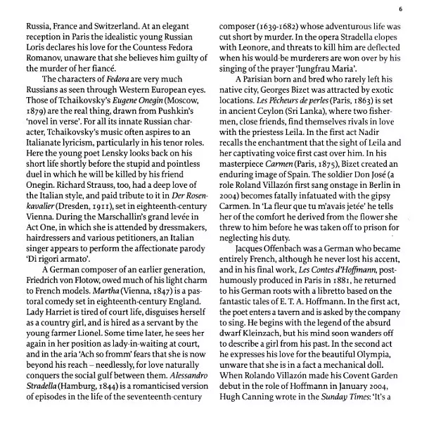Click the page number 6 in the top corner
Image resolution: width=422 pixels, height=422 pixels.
[x=399, y=8]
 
